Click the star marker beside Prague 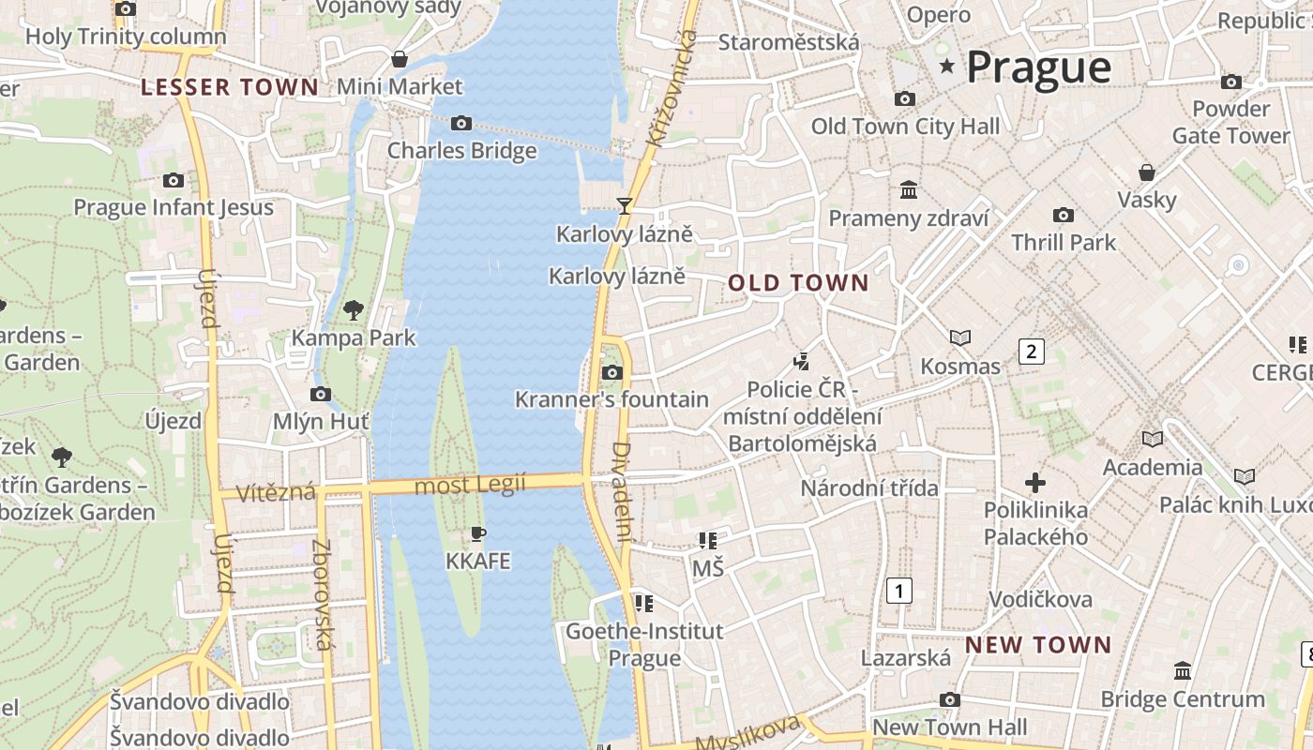[947, 67]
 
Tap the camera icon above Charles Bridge [460, 123]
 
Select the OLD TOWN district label [798, 283]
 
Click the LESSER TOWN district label [230, 88]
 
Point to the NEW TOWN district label [1037, 645]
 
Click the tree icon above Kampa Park [354, 309]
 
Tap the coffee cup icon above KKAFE [477, 534]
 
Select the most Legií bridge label [470, 485]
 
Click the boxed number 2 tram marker [1031, 352]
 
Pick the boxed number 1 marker [898, 591]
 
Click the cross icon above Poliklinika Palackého [1035, 483]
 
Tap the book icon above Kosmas [959, 337]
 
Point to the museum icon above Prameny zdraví [908, 190]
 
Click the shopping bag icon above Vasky [1146, 172]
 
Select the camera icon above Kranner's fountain [611, 372]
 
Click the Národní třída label [868, 487]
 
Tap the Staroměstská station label [788, 42]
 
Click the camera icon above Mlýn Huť [320, 394]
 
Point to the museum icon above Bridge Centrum [1182, 671]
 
